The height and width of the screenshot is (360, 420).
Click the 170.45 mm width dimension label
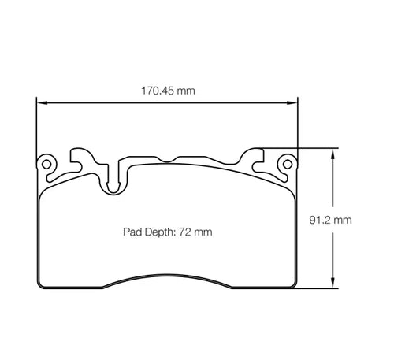[x=168, y=91]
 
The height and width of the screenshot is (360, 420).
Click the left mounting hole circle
[x=47, y=165]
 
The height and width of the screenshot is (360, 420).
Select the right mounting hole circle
[x=288, y=165]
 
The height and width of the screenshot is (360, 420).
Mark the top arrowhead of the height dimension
[x=336, y=152]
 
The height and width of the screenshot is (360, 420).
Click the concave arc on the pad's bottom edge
[x=168, y=276]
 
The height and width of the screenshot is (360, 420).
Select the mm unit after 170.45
[x=186, y=91]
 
